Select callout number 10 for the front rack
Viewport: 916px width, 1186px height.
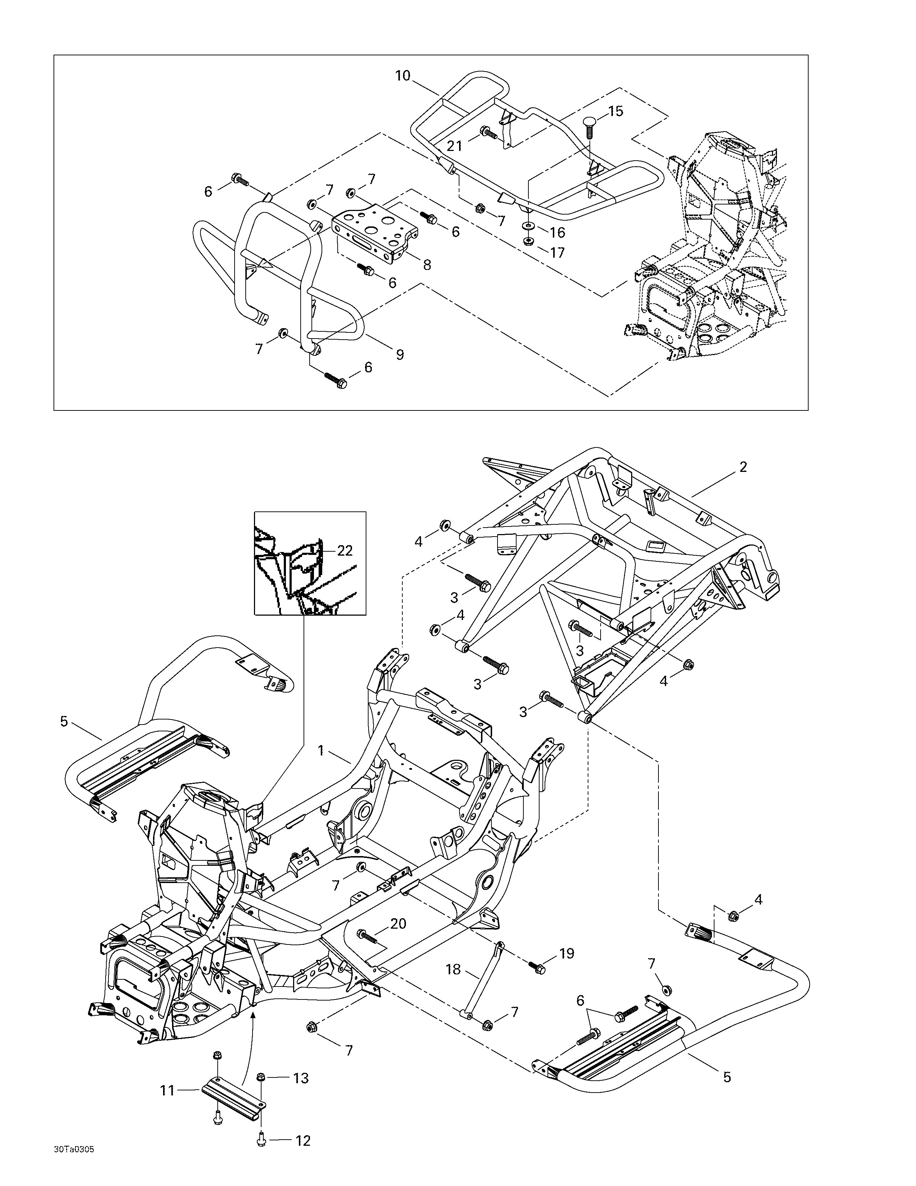point(403,75)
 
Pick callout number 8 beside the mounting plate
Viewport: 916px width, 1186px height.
point(427,265)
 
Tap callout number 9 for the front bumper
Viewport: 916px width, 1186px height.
point(399,355)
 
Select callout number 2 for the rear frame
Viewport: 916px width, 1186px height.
point(743,466)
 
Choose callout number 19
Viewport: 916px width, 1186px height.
point(566,953)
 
